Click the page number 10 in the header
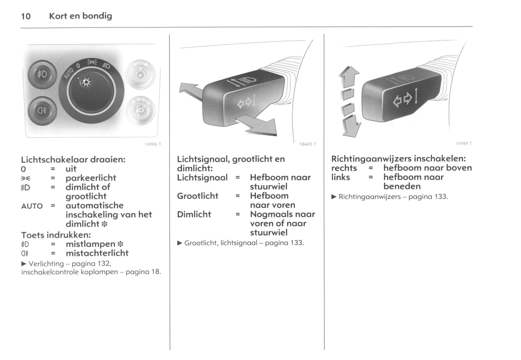point(26,16)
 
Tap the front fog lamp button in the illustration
point(42,74)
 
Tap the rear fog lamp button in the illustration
point(42,111)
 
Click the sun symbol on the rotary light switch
point(86,82)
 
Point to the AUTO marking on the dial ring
point(69,73)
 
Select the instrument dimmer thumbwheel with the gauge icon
point(141,74)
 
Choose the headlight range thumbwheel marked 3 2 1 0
point(141,110)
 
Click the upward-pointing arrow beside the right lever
point(349,76)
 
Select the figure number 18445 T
point(308,144)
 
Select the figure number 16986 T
point(153,144)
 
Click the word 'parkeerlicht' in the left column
point(91,178)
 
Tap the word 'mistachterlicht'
point(97,253)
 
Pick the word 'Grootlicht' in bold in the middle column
point(198,196)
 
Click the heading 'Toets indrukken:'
point(56,235)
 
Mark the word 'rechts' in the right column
point(344,168)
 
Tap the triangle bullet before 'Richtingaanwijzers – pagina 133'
point(334,197)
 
